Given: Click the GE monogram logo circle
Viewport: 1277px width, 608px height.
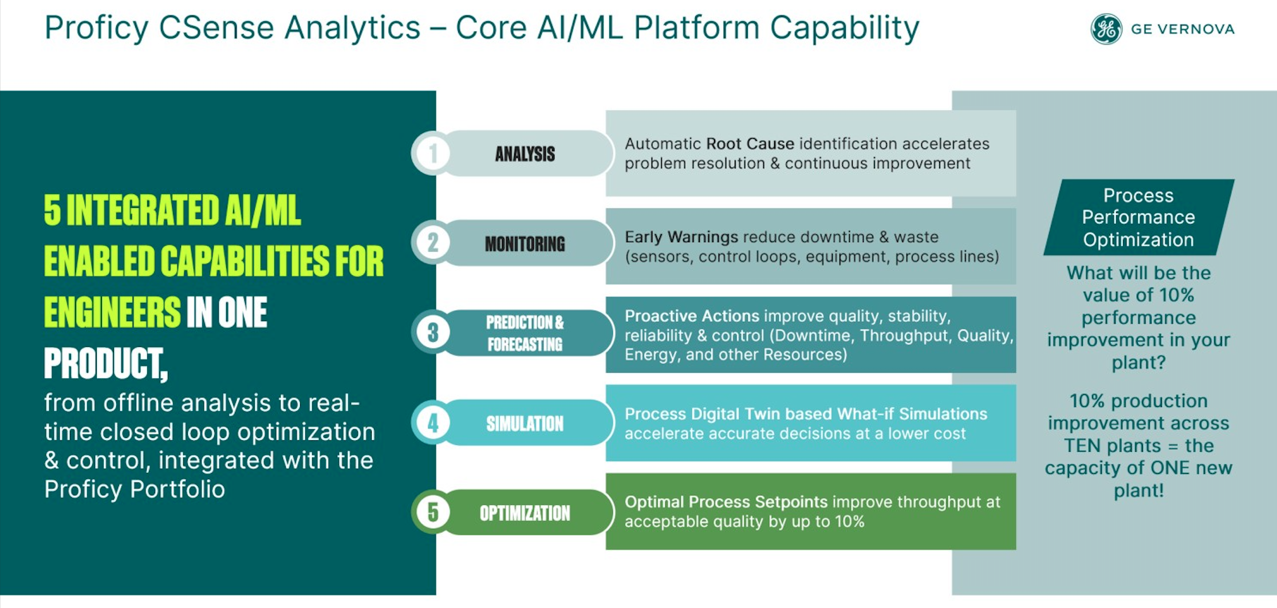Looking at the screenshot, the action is coord(1106,29).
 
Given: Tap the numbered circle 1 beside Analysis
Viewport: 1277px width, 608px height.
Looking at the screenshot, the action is coord(433,153).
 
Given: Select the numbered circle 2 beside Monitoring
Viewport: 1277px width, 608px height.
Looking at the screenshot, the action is coord(433,243).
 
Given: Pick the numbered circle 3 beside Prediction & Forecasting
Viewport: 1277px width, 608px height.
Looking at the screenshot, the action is coord(433,332).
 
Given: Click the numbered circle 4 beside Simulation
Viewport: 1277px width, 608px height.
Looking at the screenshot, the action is coord(433,423).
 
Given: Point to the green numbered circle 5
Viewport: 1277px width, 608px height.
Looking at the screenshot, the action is coord(433,512).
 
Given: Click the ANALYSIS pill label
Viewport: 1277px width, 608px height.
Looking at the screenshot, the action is coord(525,153).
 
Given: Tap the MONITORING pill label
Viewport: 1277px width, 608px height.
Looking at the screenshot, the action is coord(525,244).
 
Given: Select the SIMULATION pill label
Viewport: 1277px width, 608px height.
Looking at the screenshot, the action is coord(525,424).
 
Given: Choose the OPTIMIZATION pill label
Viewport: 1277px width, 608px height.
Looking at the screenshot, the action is coord(525,513).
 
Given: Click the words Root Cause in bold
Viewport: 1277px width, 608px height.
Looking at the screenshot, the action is coord(750,144).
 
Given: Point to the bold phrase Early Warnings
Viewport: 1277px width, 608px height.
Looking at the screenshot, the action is coord(681,237).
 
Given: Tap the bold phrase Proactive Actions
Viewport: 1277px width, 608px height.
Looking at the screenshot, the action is coord(692,316).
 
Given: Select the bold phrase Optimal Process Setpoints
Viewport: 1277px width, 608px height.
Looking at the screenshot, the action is coord(726,502).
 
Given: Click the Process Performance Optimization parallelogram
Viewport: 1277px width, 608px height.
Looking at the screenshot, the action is coord(1138,217).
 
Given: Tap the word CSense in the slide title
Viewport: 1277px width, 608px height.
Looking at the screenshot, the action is coord(216,27).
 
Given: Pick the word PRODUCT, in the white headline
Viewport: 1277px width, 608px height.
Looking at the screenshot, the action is coord(106,364).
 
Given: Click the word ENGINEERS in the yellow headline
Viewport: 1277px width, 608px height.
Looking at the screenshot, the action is coord(112,313).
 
